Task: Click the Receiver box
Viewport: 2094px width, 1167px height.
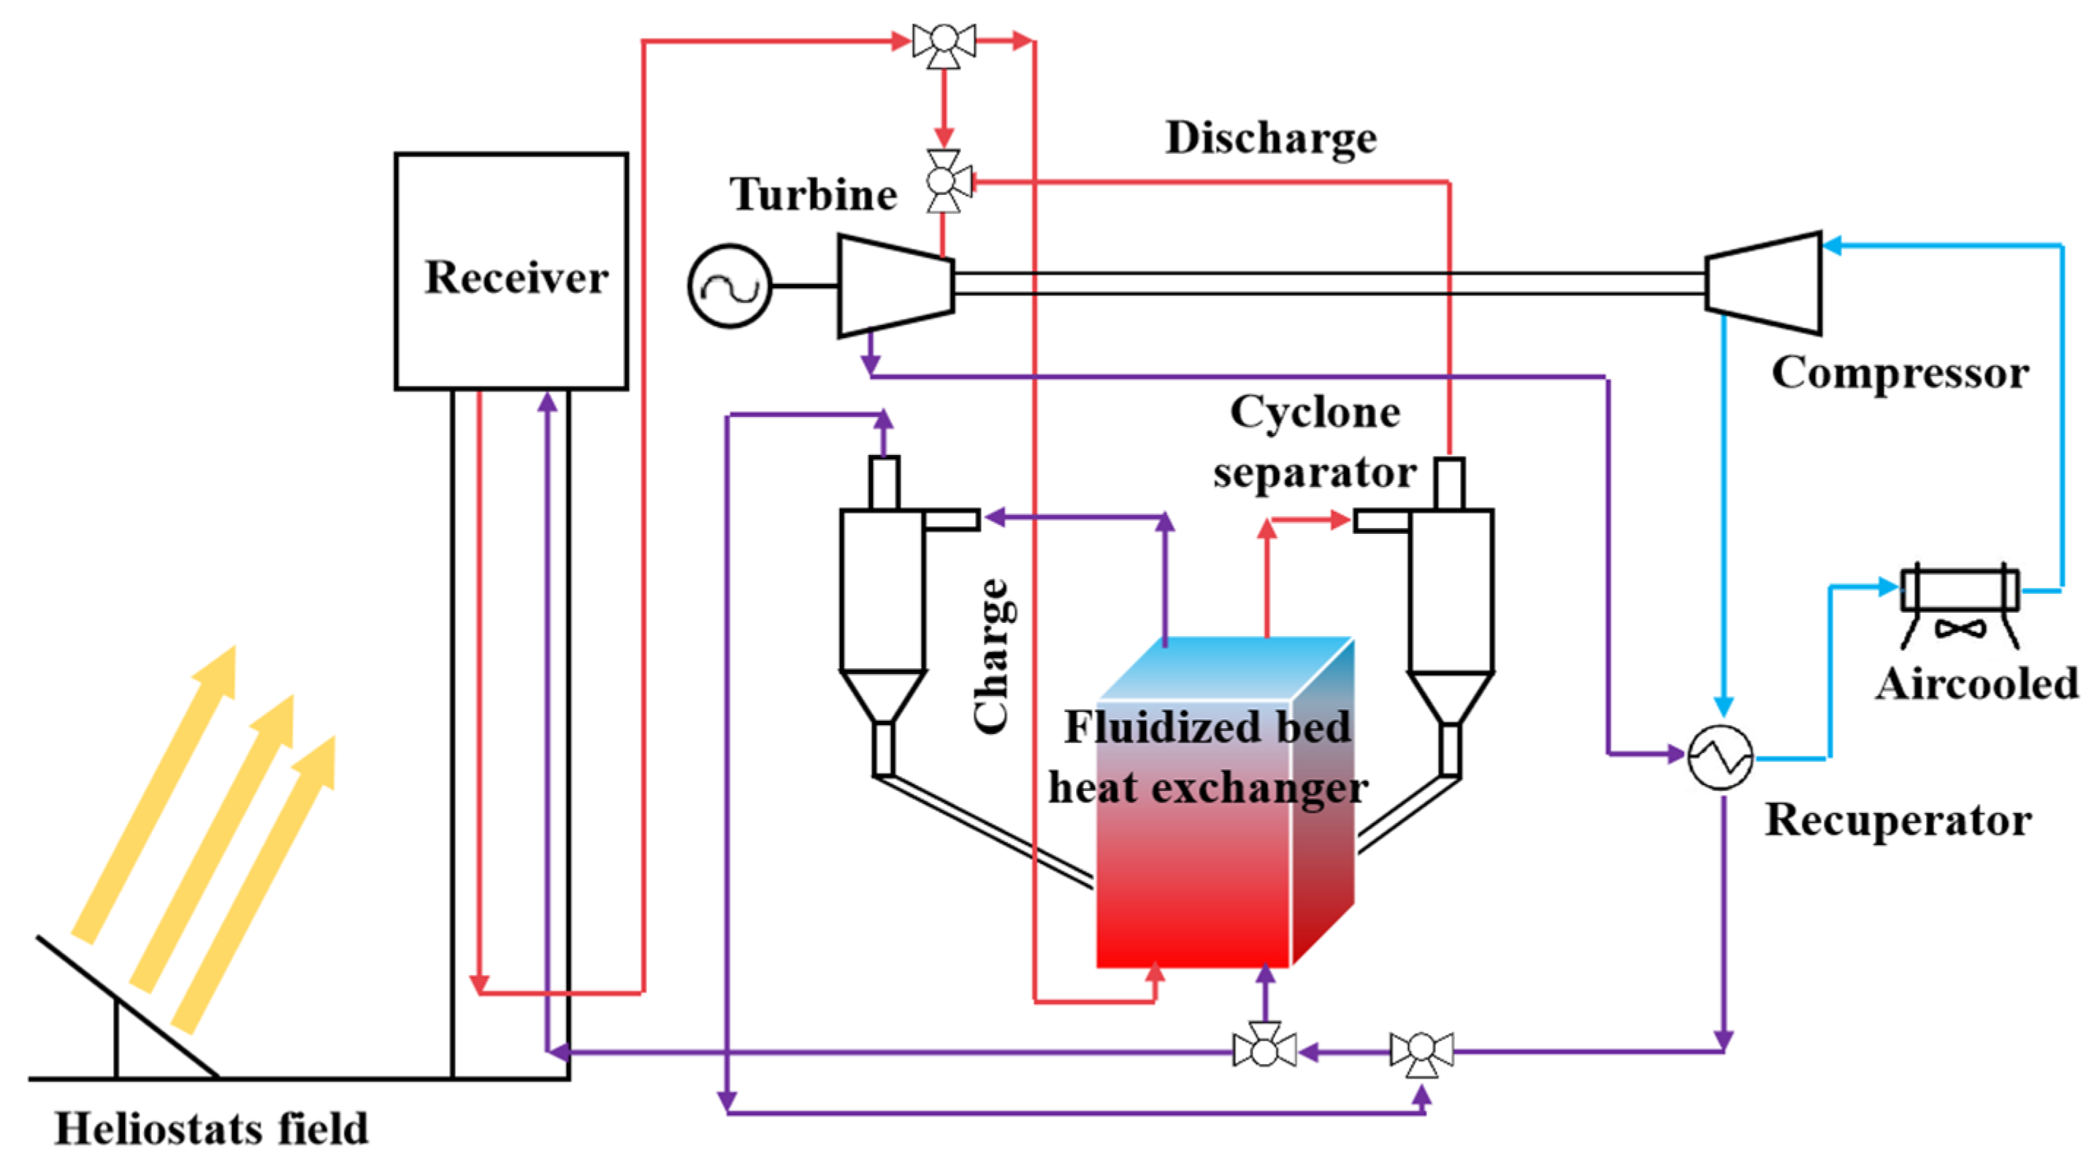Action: point(511,272)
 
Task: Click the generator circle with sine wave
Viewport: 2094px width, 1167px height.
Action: point(729,286)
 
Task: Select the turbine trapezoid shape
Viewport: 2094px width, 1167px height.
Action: point(895,286)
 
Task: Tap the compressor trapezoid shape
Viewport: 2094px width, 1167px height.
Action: point(1763,283)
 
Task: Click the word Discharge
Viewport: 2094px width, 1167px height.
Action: point(1271,137)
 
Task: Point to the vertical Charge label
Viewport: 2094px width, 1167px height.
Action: point(993,656)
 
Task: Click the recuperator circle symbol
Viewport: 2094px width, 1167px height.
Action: point(1720,757)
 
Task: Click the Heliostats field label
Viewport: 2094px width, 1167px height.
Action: point(211,1129)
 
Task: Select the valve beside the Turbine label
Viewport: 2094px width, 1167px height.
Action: point(943,180)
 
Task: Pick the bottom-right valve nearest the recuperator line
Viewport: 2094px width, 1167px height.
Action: point(1421,1052)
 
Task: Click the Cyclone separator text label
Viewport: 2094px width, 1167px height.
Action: point(1315,443)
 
